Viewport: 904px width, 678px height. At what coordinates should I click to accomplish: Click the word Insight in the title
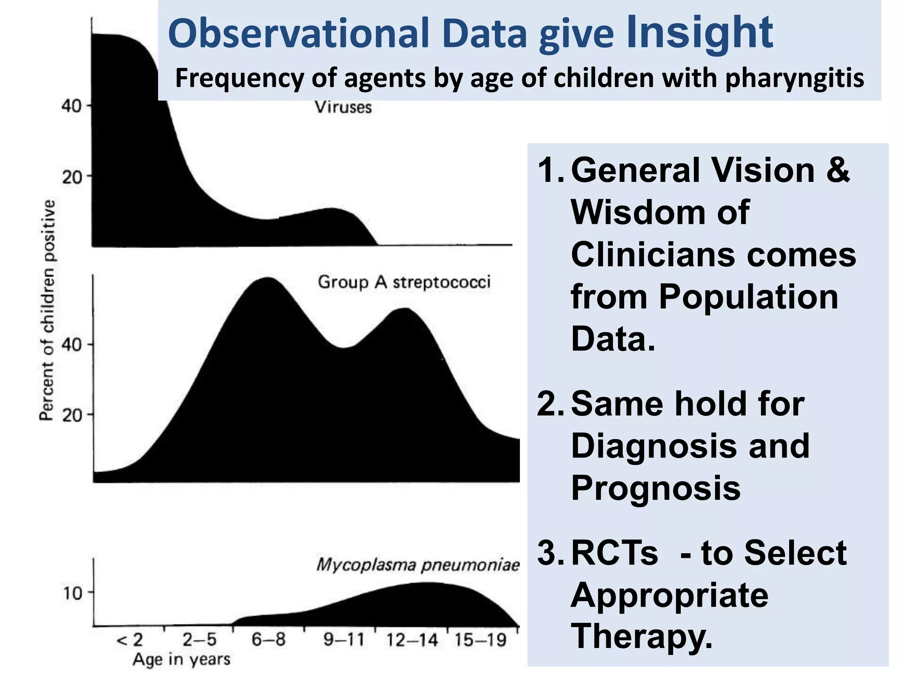coord(700,33)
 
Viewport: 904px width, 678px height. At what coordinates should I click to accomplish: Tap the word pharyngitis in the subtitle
coord(794,78)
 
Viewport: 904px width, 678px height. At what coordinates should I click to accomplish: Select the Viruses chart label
coord(343,107)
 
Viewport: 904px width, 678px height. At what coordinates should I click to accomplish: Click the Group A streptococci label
coord(404,282)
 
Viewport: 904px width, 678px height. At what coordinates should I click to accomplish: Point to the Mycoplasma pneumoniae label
coord(418,565)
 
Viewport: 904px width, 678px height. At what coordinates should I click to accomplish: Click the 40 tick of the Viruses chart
coord(72,106)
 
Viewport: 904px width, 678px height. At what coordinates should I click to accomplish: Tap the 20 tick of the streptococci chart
coord(72,415)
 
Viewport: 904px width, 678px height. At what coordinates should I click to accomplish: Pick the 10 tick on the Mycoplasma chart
coord(73,593)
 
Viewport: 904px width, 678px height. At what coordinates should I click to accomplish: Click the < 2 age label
coord(129,640)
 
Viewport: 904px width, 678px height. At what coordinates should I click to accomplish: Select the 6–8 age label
coord(268,639)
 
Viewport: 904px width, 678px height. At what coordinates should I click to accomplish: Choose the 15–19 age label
coord(480,640)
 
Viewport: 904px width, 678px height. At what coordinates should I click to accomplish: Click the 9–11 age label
coord(344,639)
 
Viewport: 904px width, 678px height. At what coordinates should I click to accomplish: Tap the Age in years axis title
coord(181,659)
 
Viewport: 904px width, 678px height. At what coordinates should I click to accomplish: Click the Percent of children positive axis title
coord(47,310)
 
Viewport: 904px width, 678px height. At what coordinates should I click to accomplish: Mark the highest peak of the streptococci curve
coord(267,279)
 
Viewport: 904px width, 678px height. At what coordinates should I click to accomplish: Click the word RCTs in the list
coord(614,553)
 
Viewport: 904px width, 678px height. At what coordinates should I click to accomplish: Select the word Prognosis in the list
coord(655,488)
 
